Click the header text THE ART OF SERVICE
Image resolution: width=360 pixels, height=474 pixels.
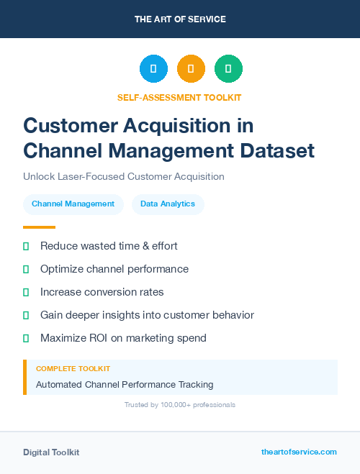pos(180,19)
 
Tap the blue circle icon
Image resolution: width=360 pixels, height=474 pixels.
pos(153,68)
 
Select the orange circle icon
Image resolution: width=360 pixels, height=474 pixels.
pos(191,68)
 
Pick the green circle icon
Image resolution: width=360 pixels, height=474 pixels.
pos(228,68)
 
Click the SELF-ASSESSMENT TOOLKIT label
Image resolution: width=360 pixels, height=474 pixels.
pos(179,97)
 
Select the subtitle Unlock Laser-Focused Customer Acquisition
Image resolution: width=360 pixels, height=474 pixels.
pos(124,176)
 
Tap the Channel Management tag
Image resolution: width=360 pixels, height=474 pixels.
pos(73,204)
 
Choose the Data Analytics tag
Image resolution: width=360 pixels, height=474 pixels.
pos(168,204)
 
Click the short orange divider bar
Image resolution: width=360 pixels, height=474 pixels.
pos(35,227)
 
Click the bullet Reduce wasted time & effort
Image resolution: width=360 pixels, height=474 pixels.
pos(109,246)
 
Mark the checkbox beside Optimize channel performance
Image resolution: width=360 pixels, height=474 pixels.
pos(26,269)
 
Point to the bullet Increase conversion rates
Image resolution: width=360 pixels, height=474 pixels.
pos(102,292)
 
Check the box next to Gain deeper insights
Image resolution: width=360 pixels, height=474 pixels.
pos(26,315)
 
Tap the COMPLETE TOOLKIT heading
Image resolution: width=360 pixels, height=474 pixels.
pos(73,368)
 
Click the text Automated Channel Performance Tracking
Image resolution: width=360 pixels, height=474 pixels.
pos(125,384)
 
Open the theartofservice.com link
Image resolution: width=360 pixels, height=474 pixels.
pos(299,452)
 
